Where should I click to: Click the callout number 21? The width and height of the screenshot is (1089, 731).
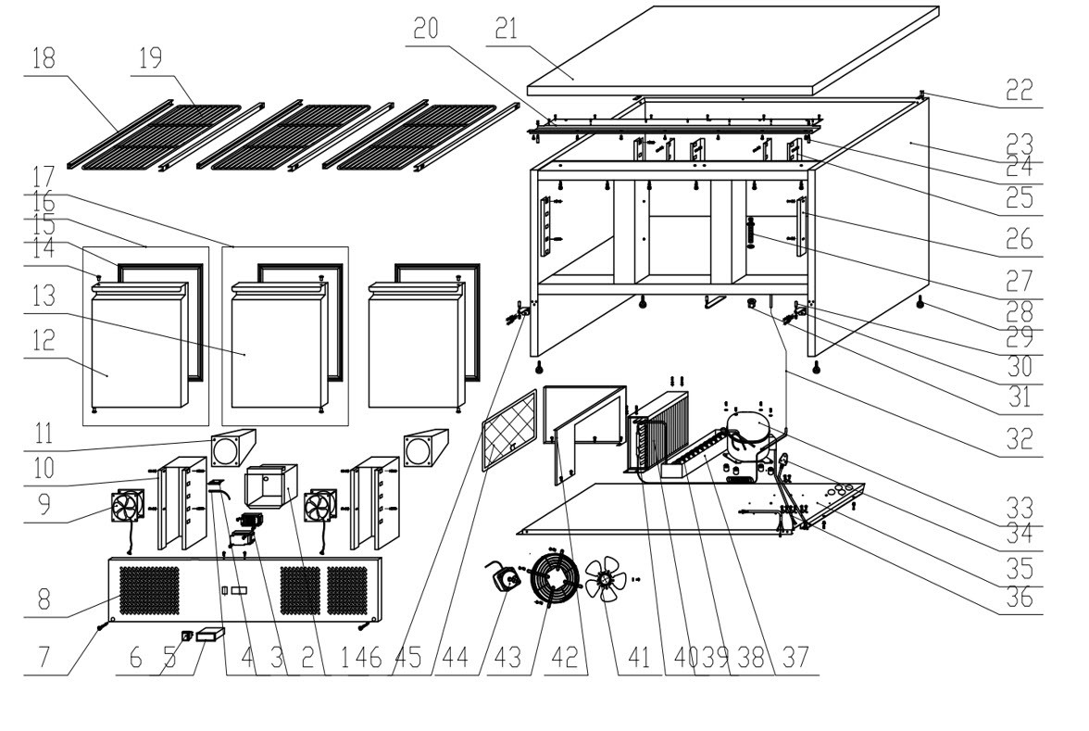[507, 30]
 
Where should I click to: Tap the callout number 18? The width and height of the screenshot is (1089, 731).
[43, 57]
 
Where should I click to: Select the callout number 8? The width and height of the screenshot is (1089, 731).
[44, 599]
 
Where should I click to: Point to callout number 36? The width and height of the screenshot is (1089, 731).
[1020, 597]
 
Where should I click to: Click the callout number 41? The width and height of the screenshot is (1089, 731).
[639, 658]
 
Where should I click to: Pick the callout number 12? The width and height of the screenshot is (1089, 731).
[43, 341]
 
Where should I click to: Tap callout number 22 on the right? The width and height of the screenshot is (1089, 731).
[1020, 91]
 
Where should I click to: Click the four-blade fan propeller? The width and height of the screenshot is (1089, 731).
[607, 579]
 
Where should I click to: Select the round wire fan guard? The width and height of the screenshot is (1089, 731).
[554, 576]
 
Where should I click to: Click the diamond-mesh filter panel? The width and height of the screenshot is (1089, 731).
[509, 431]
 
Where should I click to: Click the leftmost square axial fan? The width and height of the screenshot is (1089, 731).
[128, 510]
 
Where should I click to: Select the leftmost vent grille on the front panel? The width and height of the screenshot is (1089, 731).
[149, 591]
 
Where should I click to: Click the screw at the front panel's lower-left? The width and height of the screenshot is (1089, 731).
[103, 626]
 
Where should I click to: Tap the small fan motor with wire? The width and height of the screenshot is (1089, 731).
[504, 576]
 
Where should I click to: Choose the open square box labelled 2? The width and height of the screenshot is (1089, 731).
[270, 486]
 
